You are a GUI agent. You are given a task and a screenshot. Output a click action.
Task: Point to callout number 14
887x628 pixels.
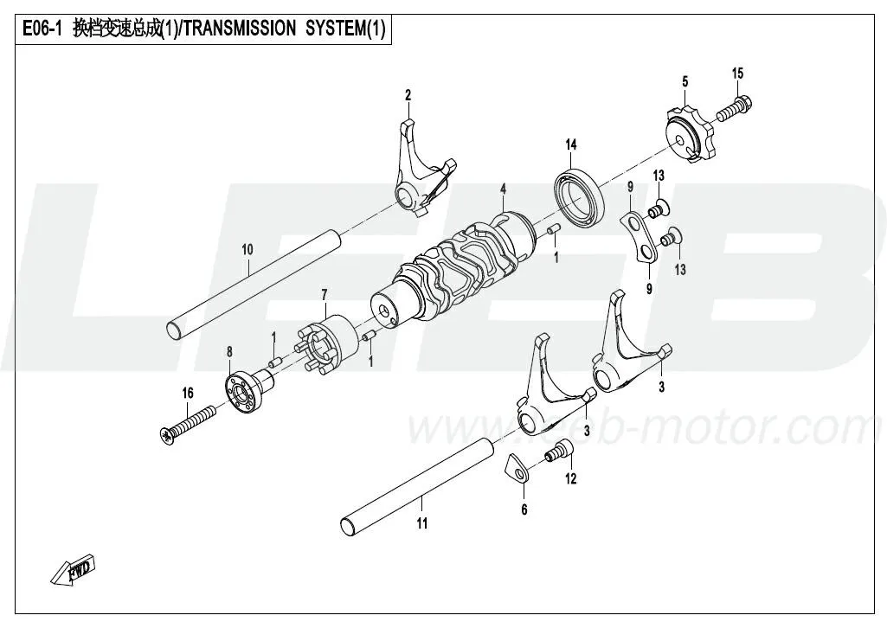[571, 144]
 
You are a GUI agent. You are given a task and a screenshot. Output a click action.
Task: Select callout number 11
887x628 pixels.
[421, 523]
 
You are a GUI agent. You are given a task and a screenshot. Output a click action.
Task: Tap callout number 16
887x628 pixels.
[187, 394]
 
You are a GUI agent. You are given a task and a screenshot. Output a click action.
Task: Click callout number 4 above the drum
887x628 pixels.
[502, 188]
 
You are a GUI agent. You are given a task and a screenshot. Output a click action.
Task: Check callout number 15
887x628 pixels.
[737, 74]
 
